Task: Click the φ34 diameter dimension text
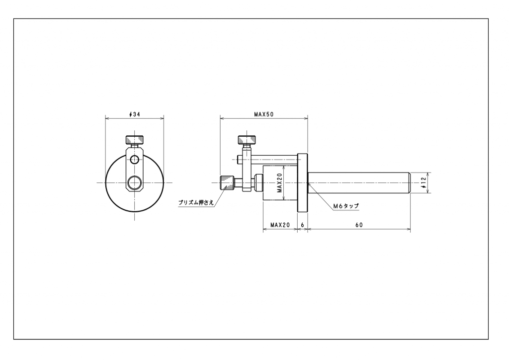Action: point(134,114)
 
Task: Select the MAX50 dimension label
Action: point(263,114)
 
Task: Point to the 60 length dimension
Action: point(359,225)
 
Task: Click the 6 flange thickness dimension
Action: point(303,225)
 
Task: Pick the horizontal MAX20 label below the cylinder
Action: point(280,225)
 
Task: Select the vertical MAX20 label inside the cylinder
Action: point(280,183)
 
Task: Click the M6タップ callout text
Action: point(346,206)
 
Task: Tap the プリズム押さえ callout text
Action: point(196,202)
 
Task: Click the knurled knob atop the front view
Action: point(134,140)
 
